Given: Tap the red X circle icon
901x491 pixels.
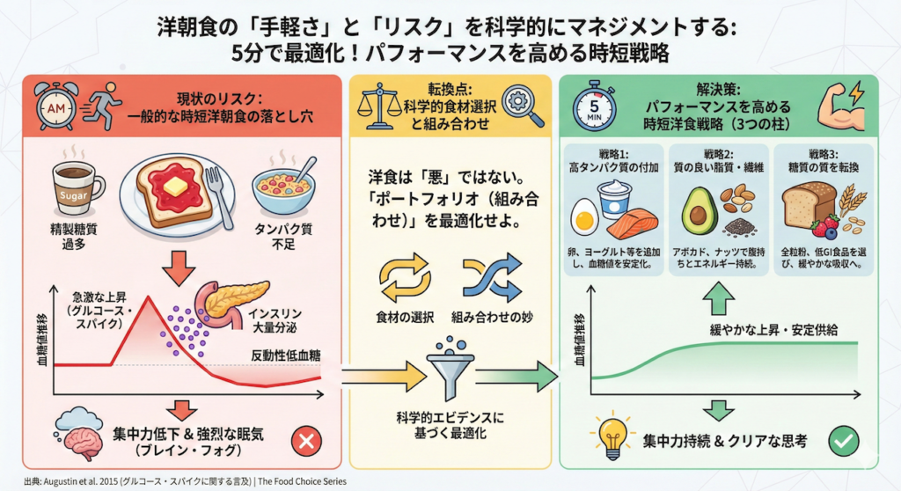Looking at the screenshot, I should pyautogui.click(x=306, y=439).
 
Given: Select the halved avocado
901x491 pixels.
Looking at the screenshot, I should pyautogui.click(x=700, y=205).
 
